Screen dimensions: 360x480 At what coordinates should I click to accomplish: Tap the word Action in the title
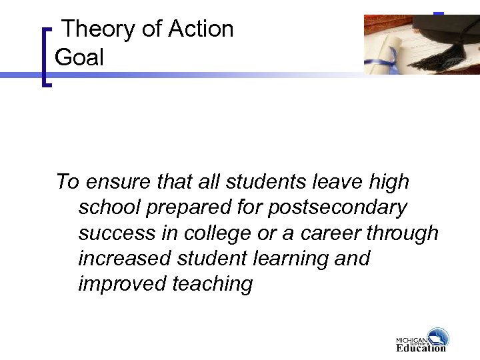click(x=201, y=29)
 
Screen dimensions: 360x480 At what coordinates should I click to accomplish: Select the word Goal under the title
click(x=79, y=58)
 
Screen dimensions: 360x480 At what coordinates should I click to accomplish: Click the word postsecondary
click(x=337, y=208)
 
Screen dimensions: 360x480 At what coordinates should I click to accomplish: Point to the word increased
click(x=124, y=259)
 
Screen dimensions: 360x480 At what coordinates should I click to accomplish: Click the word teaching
click(x=213, y=284)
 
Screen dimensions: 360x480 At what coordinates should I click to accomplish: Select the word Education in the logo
click(x=420, y=347)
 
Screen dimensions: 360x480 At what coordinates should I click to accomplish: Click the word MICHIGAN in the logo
click(x=411, y=339)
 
